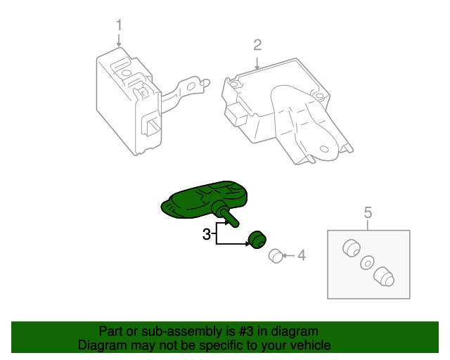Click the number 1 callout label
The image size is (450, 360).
pos(119,25)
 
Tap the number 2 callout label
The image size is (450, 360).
pos(257,46)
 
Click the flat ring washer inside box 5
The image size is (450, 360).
pos(366,263)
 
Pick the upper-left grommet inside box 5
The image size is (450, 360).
pos(350,248)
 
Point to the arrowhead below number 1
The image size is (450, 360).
pos(119,44)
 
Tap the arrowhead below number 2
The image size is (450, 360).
pos(257,65)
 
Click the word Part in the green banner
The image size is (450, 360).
pos(111,331)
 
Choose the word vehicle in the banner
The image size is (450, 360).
pos(311,345)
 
